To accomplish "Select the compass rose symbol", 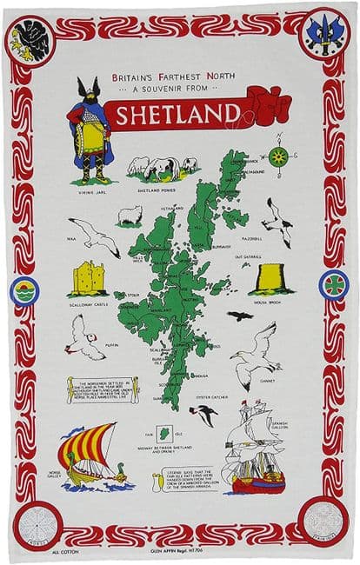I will point(278,156).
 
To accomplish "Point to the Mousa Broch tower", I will point(271,278).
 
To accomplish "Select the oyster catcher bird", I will point(205,414).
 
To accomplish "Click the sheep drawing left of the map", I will point(130,215).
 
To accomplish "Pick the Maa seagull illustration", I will point(97,236).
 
